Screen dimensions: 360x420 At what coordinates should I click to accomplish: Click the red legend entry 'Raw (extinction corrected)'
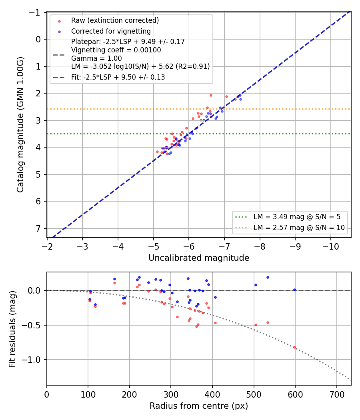pos(115,20)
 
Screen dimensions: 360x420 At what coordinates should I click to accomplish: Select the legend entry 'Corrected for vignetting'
pos(111,31)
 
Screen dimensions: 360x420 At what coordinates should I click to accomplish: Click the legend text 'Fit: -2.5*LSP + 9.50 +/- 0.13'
pos(118,77)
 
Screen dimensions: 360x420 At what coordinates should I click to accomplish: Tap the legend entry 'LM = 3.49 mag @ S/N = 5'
pos(297,217)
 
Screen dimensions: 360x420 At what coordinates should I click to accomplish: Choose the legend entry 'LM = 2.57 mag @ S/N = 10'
pos(299,228)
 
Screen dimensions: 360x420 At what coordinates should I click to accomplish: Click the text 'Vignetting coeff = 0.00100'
pos(116,50)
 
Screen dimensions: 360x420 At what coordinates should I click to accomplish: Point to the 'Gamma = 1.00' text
pos(96,58)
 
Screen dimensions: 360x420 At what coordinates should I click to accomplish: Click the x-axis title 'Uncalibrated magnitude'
pos(199,258)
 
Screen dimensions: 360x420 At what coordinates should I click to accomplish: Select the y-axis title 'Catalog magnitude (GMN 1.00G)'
pos(20,124)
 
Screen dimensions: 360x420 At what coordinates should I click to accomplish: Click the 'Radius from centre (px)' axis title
pos(199,406)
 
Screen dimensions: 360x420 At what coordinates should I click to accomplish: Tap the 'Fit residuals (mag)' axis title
pos(12,329)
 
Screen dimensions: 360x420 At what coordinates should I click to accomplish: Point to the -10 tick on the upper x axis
pos(330,246)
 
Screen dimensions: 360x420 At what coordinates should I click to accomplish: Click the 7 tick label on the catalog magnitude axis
pos(38,228)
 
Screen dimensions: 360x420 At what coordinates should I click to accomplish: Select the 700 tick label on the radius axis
pos(336,394)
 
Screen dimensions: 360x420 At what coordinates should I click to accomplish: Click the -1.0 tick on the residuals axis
pos(31,360)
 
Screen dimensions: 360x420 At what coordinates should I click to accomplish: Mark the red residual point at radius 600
pos(294,348)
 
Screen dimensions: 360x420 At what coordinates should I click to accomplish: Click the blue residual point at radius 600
pos(294,290)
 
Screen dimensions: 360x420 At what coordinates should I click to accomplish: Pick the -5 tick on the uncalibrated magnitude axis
pos(153,246)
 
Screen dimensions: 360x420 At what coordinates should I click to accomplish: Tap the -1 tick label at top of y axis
pos(35,12)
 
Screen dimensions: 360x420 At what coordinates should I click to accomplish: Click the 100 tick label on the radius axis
pos(88,394)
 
